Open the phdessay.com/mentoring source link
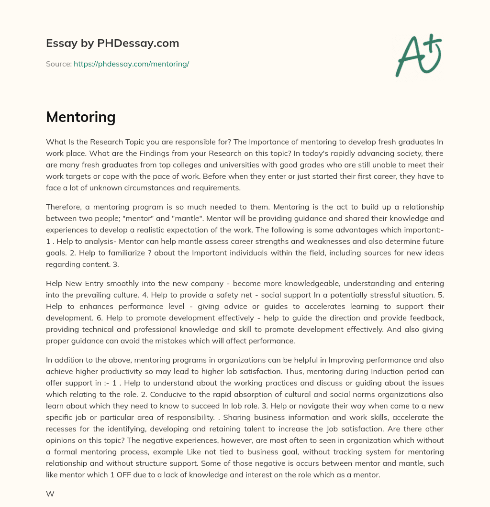[x=131, y=64]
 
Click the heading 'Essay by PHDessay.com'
[x=112, y=43]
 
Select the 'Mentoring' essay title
[x=80, y=117]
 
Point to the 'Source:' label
[x=58, y=64]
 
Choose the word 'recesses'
[x=61, y=430]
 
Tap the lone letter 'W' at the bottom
[x=50, y=494]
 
